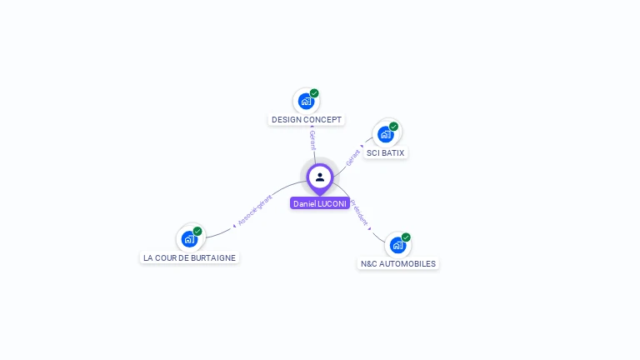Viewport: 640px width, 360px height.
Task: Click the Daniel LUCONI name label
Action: tap(320, 203)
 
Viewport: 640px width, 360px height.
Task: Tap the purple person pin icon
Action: tap(320, 177)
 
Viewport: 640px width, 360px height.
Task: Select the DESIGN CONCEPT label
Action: tap(307, 120)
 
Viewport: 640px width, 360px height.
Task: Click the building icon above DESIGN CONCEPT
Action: tap(306, 102)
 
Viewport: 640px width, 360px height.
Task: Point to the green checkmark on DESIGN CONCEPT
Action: tap(314, 93)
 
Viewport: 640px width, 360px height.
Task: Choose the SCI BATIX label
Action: tap(386, 153)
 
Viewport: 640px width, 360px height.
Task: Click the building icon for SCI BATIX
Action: tap(385, 134)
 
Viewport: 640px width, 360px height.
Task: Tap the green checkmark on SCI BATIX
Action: tap(393, 127)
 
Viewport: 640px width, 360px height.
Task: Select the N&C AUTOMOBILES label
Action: tap(397, 263)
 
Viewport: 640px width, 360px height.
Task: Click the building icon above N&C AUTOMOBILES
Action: tap(397, 245)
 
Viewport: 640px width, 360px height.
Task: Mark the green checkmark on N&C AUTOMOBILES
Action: tap(406, 237)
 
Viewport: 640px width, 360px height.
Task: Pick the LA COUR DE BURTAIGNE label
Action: tap(189, 258)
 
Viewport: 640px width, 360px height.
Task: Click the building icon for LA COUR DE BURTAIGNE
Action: tap(189, 239)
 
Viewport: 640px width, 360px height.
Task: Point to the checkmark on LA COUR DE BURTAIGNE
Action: tap(197, 232)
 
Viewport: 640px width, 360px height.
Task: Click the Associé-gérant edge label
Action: tap(255, 209)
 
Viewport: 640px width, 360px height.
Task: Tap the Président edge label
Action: tap(359, 212)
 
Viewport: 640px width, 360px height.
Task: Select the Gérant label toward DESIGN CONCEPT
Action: tap(312, 139)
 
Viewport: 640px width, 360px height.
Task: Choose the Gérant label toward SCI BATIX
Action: tap(353, 155)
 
